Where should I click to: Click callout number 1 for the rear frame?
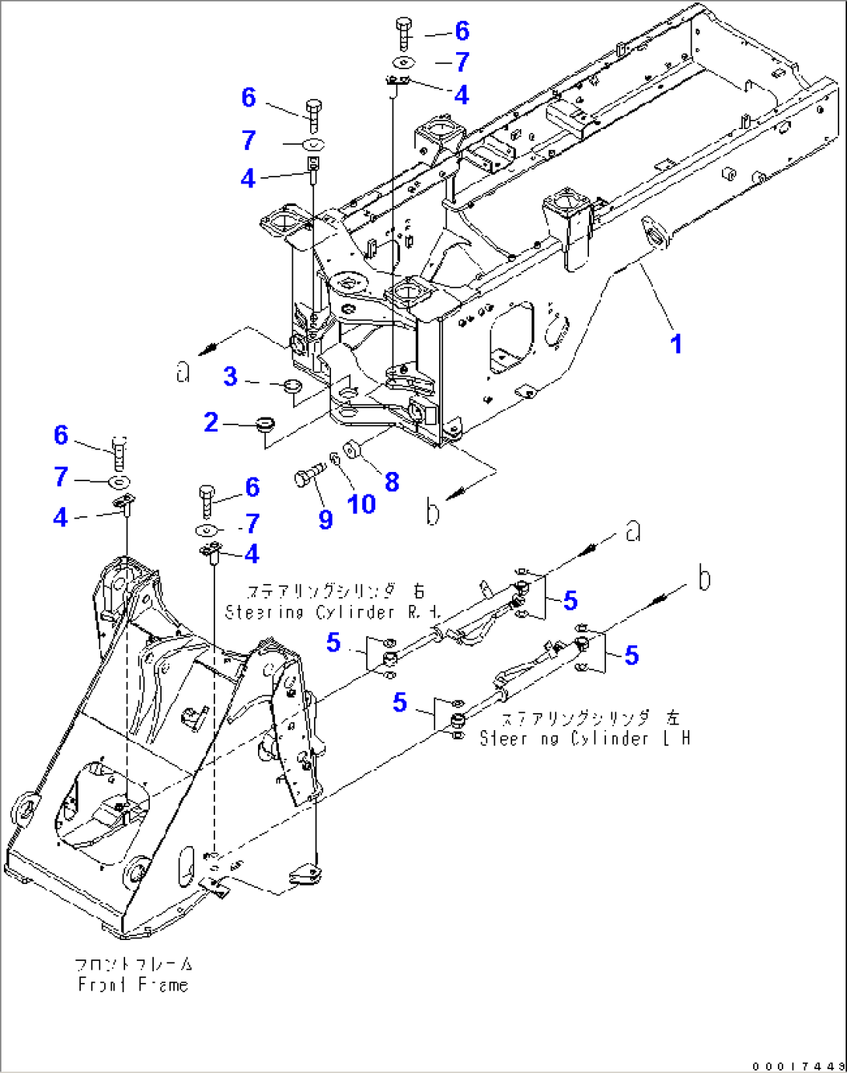676,344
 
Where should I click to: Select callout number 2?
211,422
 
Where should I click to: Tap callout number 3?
231,376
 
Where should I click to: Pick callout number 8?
392,482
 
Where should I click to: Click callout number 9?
326,519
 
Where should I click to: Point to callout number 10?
361,504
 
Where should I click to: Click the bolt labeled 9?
306,474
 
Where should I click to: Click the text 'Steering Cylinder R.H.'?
333,612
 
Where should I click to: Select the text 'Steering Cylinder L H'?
584,738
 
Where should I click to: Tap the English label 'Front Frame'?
133,984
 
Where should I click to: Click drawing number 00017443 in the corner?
797,1065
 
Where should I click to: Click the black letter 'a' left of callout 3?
183,372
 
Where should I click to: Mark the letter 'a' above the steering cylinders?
633,531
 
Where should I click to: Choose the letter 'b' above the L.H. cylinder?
703,578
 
